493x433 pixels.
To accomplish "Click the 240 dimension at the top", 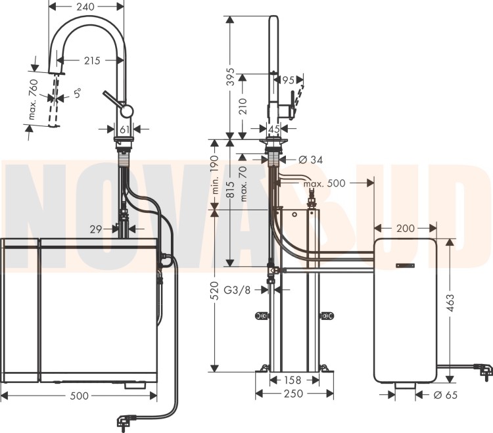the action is click(85, 7).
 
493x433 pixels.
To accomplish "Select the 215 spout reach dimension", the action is click(92, 60).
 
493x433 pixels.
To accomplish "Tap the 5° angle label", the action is click(78, 93).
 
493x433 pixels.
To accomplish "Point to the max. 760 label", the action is click(33, 100).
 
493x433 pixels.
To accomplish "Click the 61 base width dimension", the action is click(125, 129).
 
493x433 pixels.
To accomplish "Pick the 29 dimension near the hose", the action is click(95, 229).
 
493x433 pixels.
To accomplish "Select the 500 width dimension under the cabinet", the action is click(80, 396).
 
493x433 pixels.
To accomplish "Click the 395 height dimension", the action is click(231, 76).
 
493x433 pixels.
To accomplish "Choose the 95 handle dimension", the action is click(288, 80).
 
